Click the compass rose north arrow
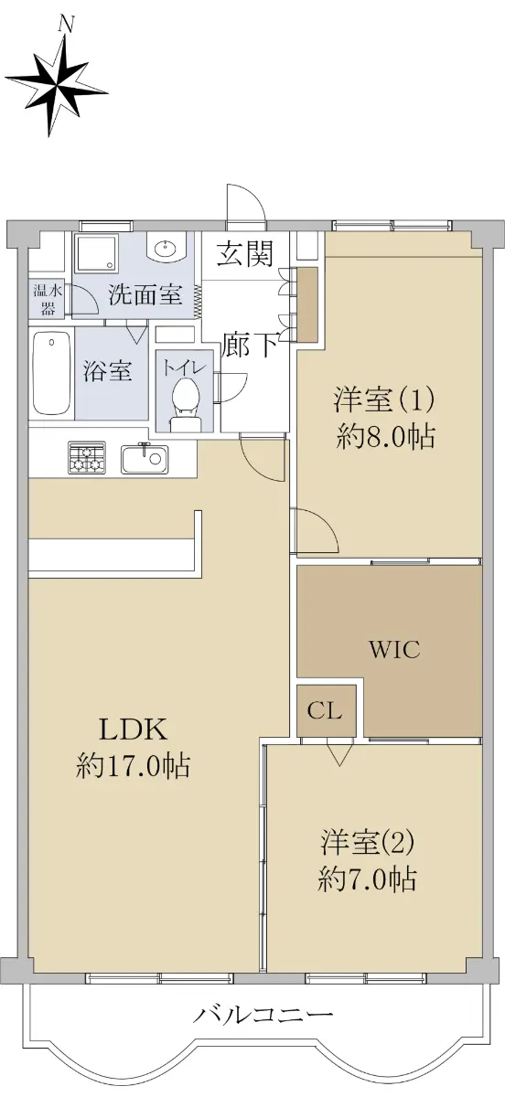point(58,84)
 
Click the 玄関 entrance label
point(244,254)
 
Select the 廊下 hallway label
point(250,346)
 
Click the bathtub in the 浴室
point(51,373)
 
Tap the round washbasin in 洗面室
point(167,250)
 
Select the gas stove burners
point(87,457)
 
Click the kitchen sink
point(145,459)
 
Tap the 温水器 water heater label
point(47,300)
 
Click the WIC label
point(394,650)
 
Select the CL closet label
point(325,710)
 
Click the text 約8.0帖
point(386,436)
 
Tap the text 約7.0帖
point(368,879)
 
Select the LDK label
point(134,730)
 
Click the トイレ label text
point(182,367)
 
